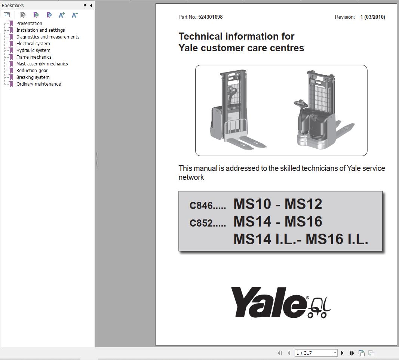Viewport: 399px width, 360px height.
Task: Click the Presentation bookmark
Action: pyautogui.click(x=29, y=23)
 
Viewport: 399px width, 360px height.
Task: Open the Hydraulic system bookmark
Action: pyautogui.click(x=33, y=50)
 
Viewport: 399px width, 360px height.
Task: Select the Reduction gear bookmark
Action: pyautogui.click(x=32, y=70)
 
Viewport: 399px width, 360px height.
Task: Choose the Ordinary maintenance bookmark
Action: pyautogui.click(x=38, y=84)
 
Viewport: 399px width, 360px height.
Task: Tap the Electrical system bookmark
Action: pyautogui.click(x=33, y=43)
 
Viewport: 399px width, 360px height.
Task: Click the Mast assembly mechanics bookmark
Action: pyautogui.click(x=42, y=64)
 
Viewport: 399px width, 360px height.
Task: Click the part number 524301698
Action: pyautogui.click(x=210, y=17)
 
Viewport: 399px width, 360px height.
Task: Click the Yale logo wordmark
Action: pyautogui.click(x=268, y=302)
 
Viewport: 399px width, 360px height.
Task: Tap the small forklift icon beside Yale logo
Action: pyautogui.click(x=319, y=308)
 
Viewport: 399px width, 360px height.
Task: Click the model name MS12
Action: pyautogui.click(x=303, y=204)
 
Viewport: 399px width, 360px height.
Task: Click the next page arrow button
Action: pyautogui.click(x=342, y=353)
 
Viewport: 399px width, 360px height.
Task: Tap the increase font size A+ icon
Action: pyautogui.click(x=62, y=15)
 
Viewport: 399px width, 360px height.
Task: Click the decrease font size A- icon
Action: pyautogui.click(x=74, y=15)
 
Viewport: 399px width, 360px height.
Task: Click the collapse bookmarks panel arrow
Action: pyautogui.click(x=91, y=5)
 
